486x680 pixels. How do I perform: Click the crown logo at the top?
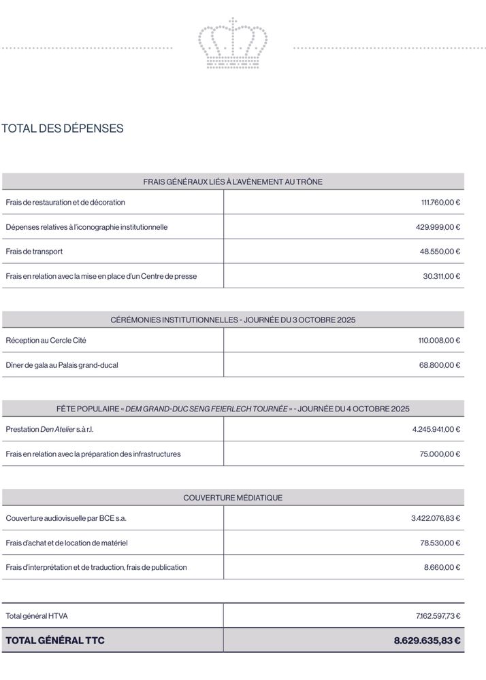(x=233, y=44)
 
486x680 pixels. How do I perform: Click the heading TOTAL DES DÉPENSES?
(x=63, y=128)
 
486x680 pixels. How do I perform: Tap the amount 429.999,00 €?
(x=438, y=226)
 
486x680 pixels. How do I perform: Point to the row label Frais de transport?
(x=34, y=251)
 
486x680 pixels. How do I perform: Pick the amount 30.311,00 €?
(x=441, y=276)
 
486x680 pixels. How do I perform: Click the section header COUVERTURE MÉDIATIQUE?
(x=233, y=498)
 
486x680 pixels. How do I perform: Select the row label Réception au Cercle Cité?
(x=46, y=340)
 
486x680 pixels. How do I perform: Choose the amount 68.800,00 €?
(x=440, y=365)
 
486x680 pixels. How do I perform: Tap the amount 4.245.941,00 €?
(x=436, y=429)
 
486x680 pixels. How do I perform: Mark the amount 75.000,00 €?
(x=440, y=454)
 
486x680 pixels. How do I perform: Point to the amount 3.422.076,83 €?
(x=436, y=518)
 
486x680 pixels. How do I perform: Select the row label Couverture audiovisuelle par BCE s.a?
(x=66, y=518)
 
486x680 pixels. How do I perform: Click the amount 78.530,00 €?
(x=440, y=543)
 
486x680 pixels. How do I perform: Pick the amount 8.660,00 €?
(x=442, y=567)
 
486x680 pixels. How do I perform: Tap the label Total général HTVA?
(x=37, y=616)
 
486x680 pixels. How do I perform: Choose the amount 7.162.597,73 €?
(x=438, y=616)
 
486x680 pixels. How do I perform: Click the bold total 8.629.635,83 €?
(x=427, y=641)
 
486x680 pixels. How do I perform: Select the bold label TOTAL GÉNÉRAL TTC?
(x=55, y=641)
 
